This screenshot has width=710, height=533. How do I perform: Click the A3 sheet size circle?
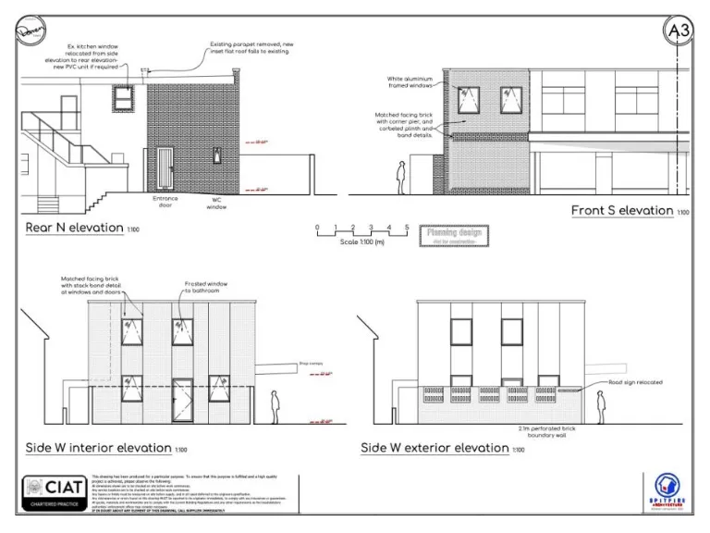[x=678, y=31]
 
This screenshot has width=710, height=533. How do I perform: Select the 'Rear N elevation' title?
[x=74, y=227]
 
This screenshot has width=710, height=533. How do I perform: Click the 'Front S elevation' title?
[x=621, y=211]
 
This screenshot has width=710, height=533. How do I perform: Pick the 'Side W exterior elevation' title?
[x=435, y=448]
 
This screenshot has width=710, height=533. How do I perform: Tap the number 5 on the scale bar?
[x=407, y=227]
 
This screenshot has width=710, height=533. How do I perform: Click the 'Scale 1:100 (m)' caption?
[x=361, y=242]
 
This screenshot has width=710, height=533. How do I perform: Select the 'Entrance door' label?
[x=165, y=202]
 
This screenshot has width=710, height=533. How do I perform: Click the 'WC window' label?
[x=216, y=203]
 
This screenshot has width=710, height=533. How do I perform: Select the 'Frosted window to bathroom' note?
[x=202, y=286]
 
